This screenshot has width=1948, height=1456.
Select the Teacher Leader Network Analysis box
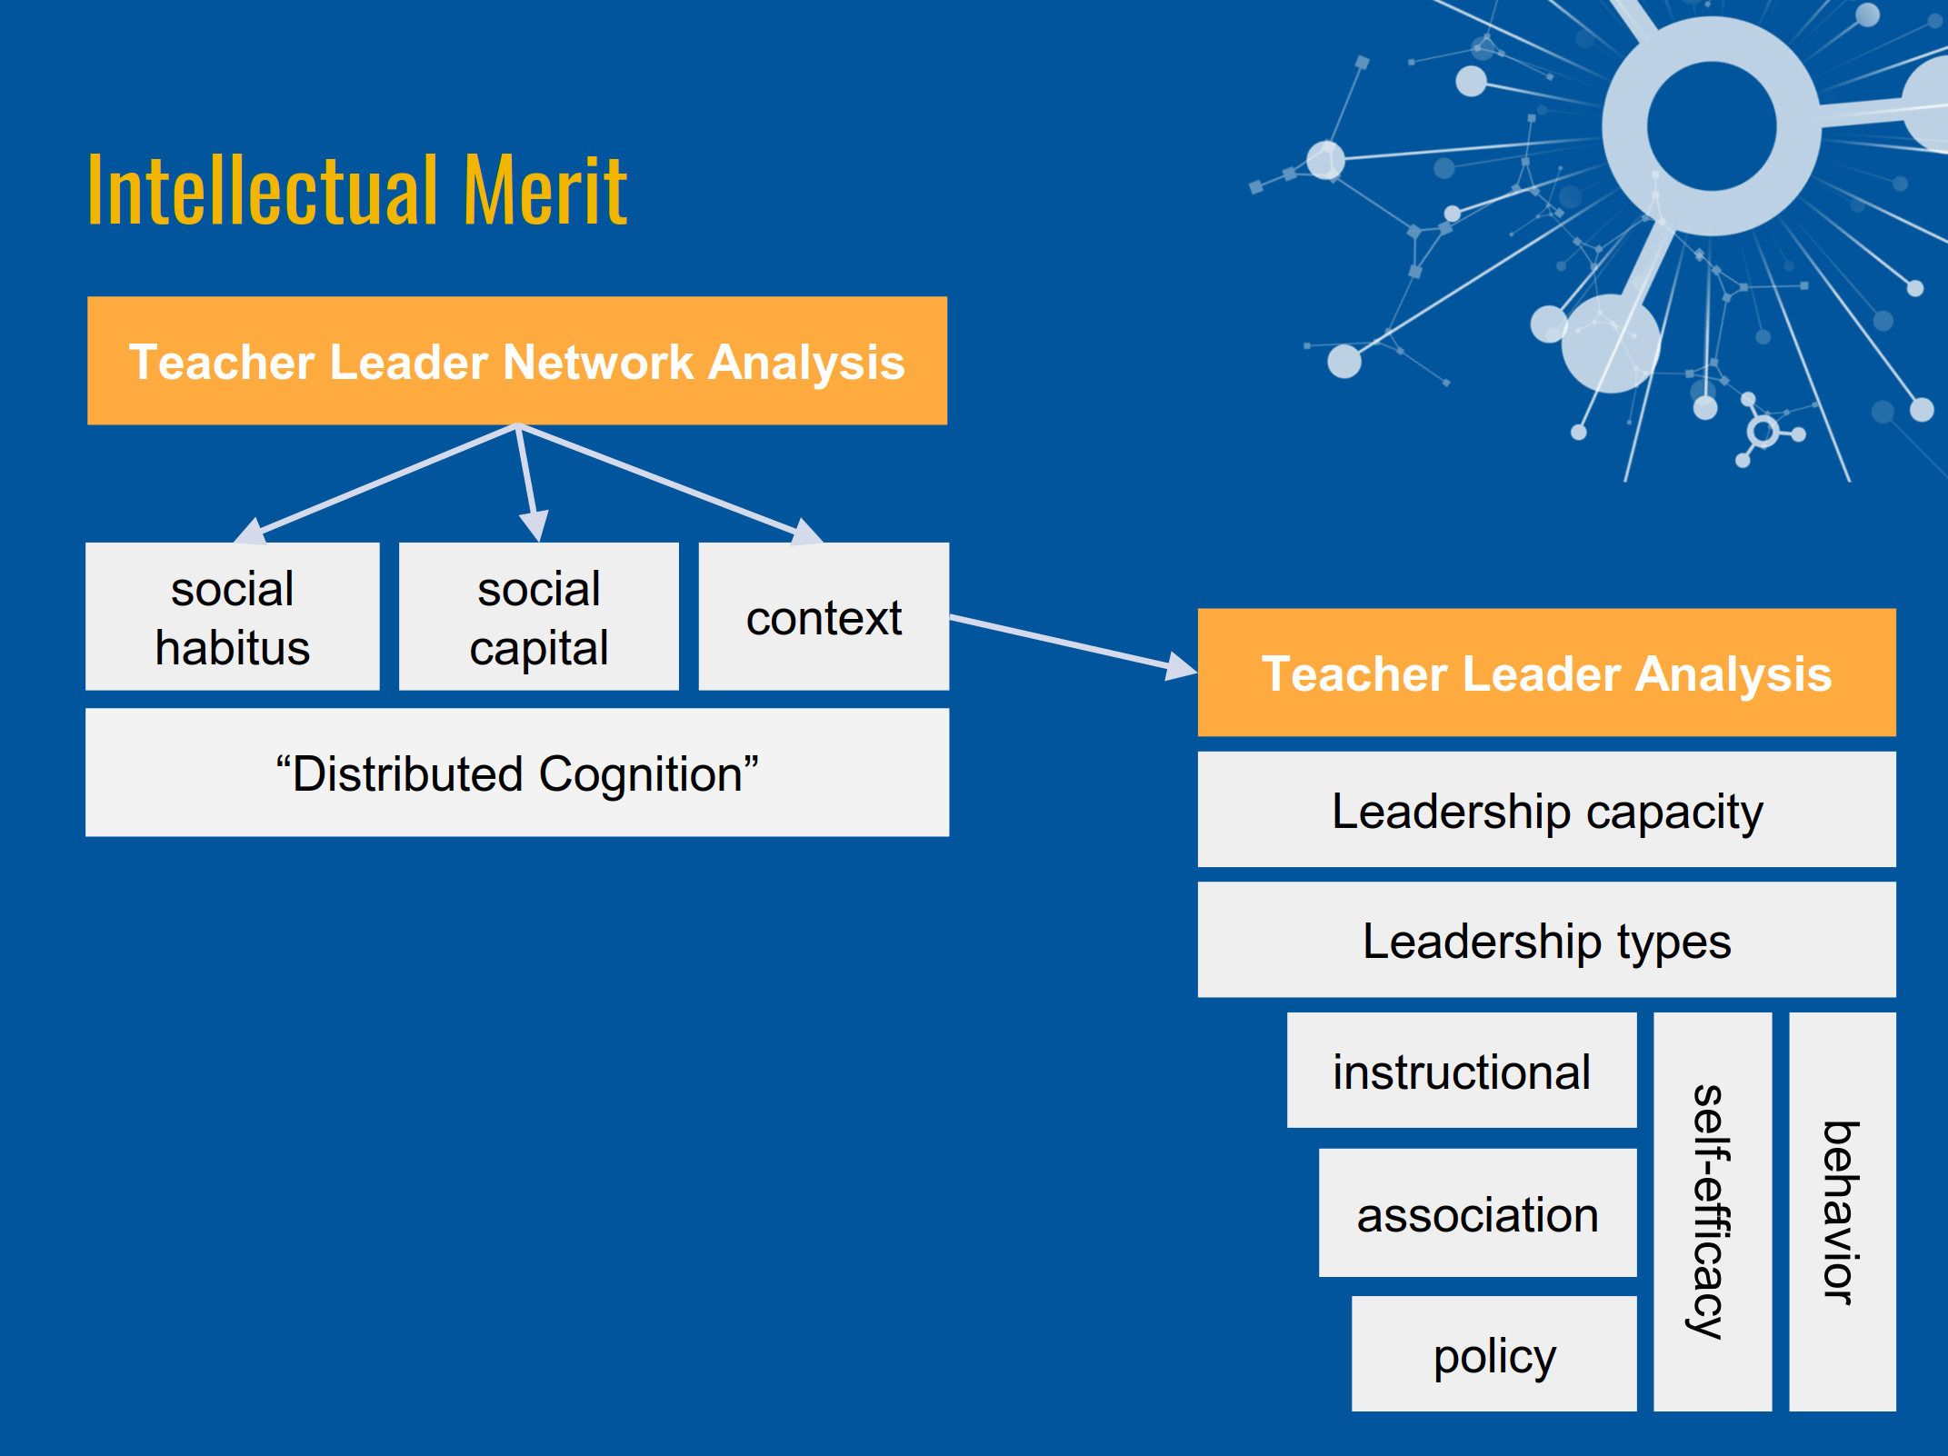[517, 361]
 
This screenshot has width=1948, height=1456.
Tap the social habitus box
[233, 617]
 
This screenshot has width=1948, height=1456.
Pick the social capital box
[539, 617]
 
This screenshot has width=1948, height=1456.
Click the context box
[824, 617]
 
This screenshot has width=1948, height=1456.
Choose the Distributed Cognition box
[517, 773]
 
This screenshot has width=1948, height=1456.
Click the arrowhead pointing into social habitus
[251, 531]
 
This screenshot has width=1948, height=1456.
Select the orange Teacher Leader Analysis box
[1546, 673]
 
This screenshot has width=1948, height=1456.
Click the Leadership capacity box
[1546, 810]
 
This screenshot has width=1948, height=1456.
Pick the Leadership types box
[1546, 940]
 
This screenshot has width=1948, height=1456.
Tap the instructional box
[1462, 1071]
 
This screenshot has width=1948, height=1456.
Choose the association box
[1477, 1213]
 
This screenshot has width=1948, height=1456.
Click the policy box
[1493, 1354]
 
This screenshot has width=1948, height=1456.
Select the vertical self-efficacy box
[1712, 1212]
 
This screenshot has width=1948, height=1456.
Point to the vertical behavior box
[1842, 1212]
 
